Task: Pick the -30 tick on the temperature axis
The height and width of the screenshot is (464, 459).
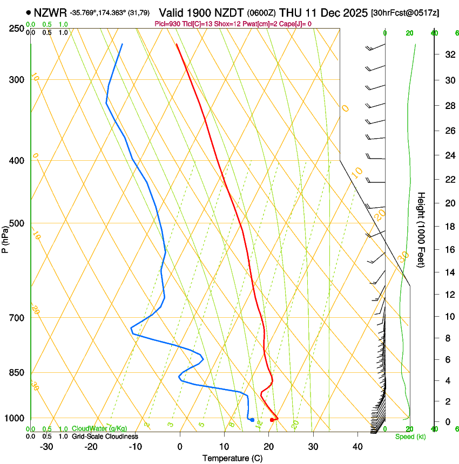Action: (x=46, y=447)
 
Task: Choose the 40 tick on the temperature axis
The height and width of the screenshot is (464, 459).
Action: (x=357, y=447)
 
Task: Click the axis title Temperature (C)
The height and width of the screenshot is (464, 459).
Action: (x=232, y=458)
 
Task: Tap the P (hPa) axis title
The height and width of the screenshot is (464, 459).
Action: (x=5, y=238)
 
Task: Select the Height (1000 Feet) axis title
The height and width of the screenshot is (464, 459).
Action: (x=422, y=230)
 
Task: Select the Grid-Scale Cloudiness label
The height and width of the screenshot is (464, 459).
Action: (x=105, y=436)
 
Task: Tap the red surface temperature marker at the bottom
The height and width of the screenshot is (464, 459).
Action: (x=272, y=420)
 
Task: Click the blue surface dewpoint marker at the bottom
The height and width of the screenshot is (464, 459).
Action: (x=252, y=420)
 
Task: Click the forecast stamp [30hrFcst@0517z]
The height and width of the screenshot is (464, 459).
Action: (x=405, y=12)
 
